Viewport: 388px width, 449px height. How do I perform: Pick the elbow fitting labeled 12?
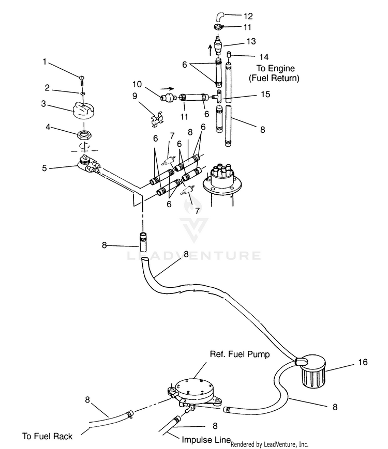220,17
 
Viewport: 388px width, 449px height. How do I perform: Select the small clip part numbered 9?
157,119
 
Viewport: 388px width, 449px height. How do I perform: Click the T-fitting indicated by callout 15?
217,97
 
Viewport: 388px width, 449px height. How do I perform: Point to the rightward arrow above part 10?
167,88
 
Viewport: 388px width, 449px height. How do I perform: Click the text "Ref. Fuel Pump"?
240,354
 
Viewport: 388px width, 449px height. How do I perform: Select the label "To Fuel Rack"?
47,436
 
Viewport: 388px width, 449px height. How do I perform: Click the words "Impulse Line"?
206,440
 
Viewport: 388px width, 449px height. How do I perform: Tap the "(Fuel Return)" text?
274,78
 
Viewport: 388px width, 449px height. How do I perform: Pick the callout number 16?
363,362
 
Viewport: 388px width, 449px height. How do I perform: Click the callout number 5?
44,168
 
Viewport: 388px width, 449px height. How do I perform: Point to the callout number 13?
251,41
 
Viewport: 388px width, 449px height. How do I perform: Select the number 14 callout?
264,57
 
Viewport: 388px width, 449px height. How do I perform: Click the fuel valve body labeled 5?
87,165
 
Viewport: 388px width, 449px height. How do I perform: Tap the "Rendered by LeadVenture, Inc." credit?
270,444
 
